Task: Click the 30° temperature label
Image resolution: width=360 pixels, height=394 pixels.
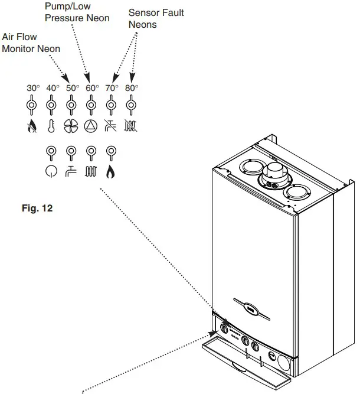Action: coord(33,88)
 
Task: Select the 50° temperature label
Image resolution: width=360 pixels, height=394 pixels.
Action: coord(72,88)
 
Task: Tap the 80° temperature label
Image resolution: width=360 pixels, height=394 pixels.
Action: coord(132,88)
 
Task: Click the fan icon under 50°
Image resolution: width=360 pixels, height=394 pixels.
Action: coord(71,125)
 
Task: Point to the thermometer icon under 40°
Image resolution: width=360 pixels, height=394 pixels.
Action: coord(51,125)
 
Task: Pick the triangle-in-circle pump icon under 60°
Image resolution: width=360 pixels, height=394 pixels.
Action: coord(91,125)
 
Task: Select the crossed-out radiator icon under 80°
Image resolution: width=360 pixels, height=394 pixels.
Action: coord(131,125)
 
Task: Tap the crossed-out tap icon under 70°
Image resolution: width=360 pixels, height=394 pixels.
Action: coord(111,125)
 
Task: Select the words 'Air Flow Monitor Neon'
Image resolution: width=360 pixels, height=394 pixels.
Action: coord(27,43)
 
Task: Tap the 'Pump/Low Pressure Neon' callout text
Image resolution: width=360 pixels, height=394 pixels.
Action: coord(77,12)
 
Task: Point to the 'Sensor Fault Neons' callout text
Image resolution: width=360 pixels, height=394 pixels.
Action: coord(156,18)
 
